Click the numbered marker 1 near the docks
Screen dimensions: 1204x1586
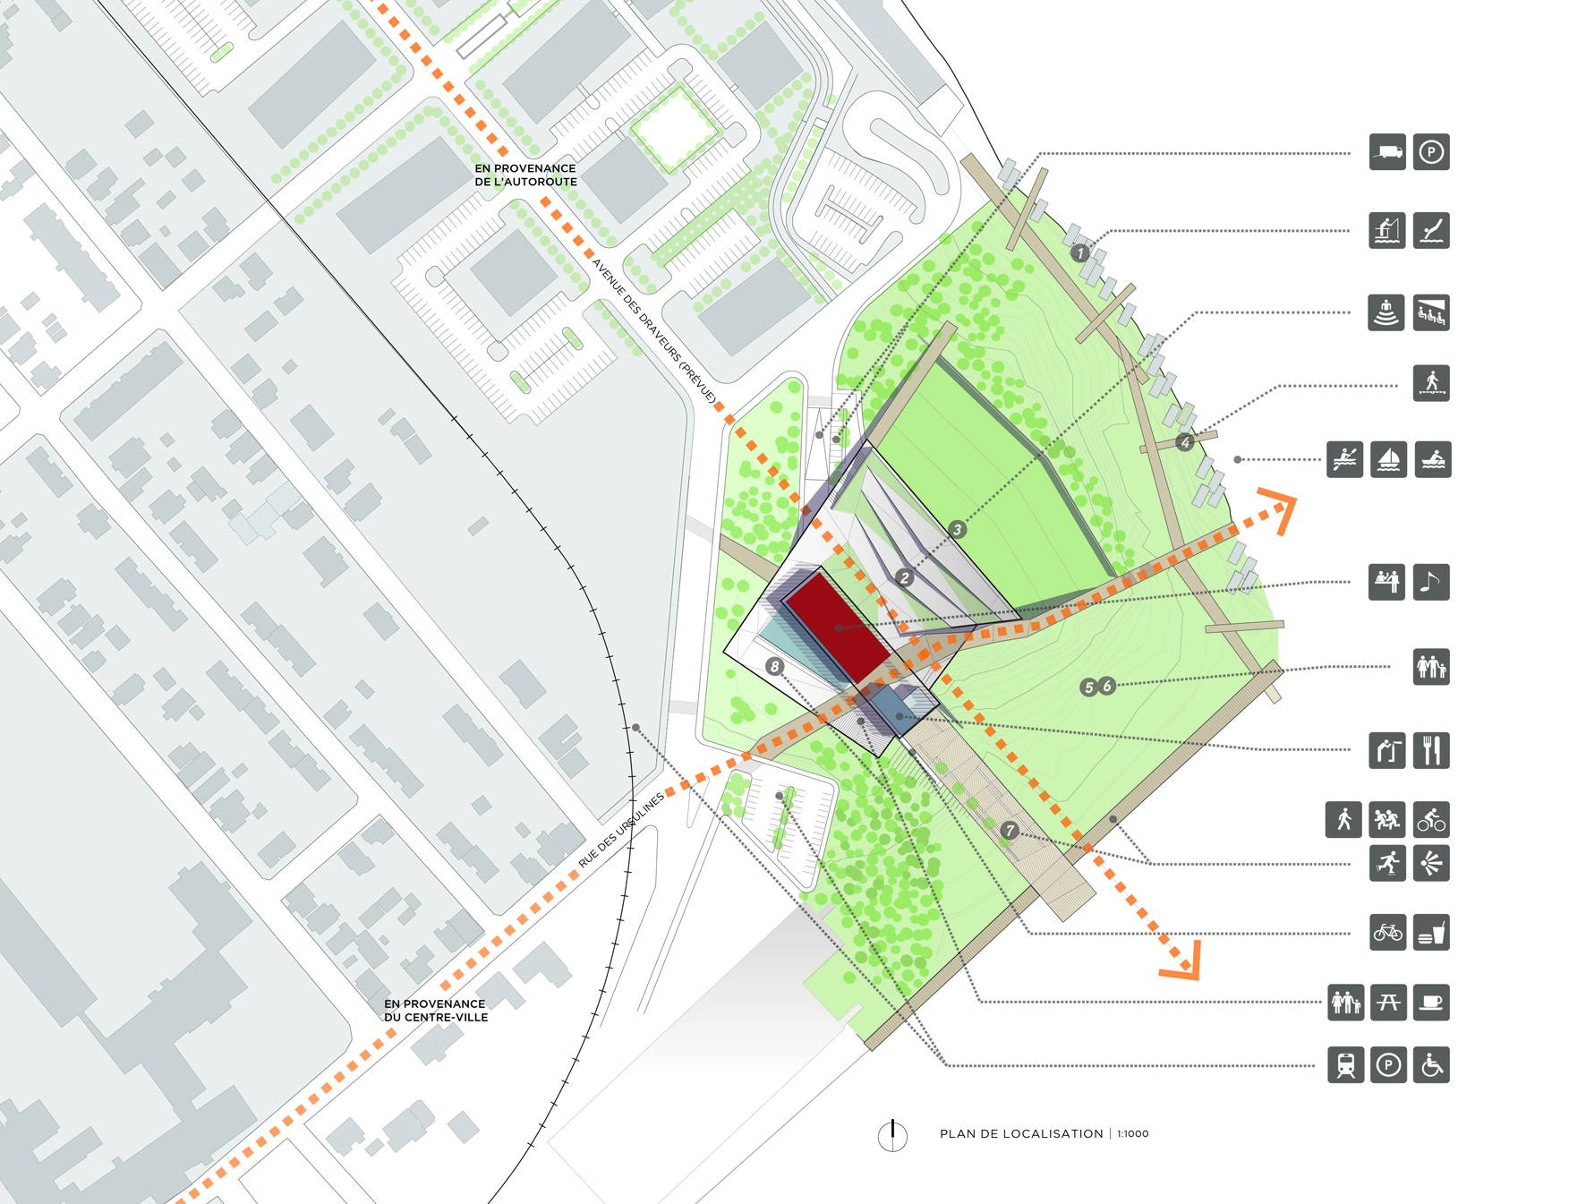(x=1081, y=252)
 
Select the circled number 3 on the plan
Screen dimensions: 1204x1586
(x=957, y=529)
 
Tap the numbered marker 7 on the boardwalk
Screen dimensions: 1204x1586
(x=1010, y=830)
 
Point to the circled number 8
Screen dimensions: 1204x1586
(x=774, y=666)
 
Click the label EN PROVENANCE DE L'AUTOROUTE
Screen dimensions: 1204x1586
(x=525, y=175)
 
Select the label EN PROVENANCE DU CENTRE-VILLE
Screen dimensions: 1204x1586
(x=436, y=1010)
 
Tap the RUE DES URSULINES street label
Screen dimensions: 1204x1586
(x=621, y=830)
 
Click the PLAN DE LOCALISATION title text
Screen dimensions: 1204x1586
(x=1021, y=1133)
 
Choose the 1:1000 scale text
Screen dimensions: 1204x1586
(x=1133, y=1133)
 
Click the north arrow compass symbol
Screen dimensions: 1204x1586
(x=892, y=1135)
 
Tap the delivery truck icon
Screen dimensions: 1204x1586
(x=1387, y=152)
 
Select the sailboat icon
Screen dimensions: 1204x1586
(x=1388, y=459)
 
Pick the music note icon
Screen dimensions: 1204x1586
(x=1431, y=582)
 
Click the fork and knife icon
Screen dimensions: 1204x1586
(x=1431, y=750)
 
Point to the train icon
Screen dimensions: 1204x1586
(x=1345, y=1064)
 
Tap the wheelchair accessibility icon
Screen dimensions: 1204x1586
(x=1431, y=1064)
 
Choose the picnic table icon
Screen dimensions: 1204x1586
(x=1388, y=1003)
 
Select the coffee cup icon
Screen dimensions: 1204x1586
(x=1431, y=1003)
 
